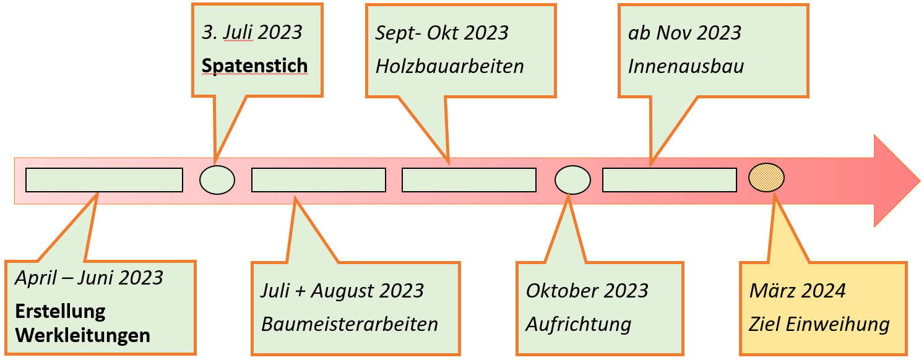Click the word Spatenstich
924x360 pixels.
(x=254, y=66)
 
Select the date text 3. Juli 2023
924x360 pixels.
(x=252, y=33)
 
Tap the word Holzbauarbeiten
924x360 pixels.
(x=450, y=66)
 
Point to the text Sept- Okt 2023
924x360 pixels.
(x=442, y=33)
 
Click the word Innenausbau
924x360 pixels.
(x=686, y=66)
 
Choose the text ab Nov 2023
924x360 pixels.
(x=684, y=33)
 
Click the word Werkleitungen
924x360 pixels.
(x=82, y=335)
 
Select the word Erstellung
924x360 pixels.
(x=60, y=311)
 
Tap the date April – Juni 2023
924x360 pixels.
(x=89, y=278)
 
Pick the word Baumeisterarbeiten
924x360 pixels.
(x=350, y=324)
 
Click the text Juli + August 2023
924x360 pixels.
(x=342, y=291)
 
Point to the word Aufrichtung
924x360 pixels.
(x=579, y=325)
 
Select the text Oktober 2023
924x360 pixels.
(x=587, y=291)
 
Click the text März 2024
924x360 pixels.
(x=798, y=291)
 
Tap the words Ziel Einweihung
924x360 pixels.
(x=819, y=325)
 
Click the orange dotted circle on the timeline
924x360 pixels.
(x=766, y=178)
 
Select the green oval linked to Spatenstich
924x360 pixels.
(x=217, y=180)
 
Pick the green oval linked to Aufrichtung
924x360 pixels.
(x=572, y=180)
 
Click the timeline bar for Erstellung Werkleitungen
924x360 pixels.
(x=105, y=180)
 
